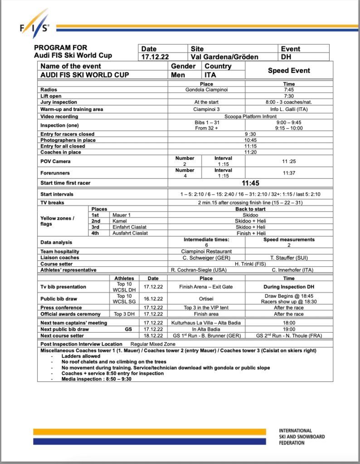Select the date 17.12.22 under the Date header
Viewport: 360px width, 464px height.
point(156,57)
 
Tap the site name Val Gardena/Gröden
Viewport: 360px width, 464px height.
point(224,57)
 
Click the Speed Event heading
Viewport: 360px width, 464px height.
point(289,71)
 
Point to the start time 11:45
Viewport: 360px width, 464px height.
point(250,184)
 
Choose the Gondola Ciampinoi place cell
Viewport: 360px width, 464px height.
point(206,90)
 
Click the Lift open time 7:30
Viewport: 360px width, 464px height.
point(289,96)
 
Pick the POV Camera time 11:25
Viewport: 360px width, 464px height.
point(289,161)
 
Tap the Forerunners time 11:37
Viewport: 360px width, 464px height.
point(289,173)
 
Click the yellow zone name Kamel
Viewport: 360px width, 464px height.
point(120,221)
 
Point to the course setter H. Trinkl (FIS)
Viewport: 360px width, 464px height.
point(250,264)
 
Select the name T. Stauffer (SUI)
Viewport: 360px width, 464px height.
point(289,258)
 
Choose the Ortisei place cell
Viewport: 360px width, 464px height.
point(206,299)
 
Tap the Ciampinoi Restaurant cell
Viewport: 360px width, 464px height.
point(206,251)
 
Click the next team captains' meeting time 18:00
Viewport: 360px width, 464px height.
point(289,323)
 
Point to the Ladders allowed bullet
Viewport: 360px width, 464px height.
point(81,356)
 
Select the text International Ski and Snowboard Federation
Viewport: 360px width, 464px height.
point(302,436)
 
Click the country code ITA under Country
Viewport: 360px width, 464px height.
point(211,75)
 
